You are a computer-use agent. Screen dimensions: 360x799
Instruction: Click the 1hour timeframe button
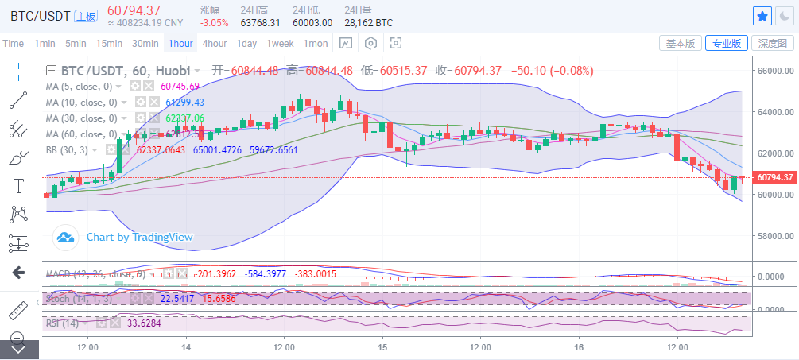180,43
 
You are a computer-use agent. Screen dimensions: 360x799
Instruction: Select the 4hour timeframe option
215,43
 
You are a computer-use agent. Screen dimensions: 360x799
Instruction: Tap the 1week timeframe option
280,43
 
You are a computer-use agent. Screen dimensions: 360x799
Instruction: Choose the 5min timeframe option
76,43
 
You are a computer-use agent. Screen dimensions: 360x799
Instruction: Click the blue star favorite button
762,15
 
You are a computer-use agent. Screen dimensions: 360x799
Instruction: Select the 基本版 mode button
681,43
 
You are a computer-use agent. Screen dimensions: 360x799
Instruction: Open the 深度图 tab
773,43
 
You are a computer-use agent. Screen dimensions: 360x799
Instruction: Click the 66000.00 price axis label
776,71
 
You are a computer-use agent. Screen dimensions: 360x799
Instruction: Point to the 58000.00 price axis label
776,236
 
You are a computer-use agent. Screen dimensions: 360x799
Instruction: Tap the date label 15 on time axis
382,347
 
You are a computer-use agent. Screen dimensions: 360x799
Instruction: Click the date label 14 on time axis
186,347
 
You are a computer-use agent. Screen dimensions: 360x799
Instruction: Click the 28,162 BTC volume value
368,23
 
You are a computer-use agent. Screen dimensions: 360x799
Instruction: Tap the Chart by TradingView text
139,237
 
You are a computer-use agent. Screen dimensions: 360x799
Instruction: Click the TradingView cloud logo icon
65,237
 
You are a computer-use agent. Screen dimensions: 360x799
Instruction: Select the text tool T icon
18,186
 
